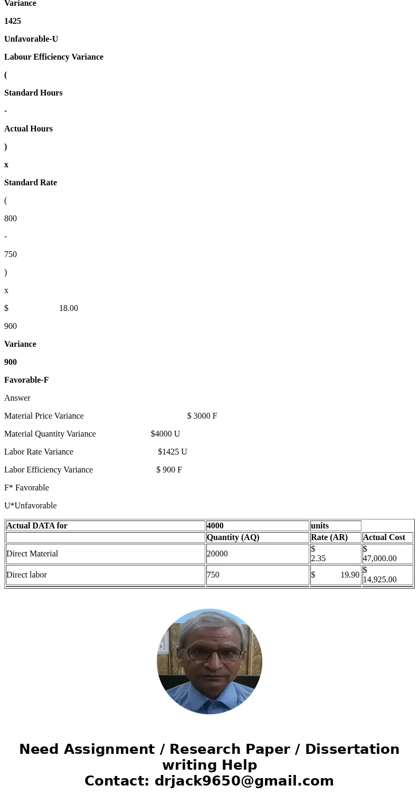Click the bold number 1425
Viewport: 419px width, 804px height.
pyautogui.click(x=13, y=21)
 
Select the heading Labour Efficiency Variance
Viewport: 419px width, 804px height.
pyautogui.click(x=54, y=57)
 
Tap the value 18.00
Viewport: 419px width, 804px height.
pyautogui.click(x=69, y=308)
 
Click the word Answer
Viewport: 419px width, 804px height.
pyautogui.click(x=17, y=398)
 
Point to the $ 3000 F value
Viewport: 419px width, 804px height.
pyautogui.click(x=202, y=416)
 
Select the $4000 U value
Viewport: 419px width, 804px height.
pyautogui.click(x=165, y=434)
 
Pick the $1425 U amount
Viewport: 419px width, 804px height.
pyautogui.click(x=173, y=452)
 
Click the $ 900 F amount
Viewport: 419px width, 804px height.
pyautogui.click(x=169, y=470)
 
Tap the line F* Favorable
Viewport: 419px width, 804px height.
pyautogui.click(x=26, y=488)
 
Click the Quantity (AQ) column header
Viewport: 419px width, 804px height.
pyautogui.click(x=233, y=537)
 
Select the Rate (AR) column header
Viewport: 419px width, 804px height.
pyautogui.click(x=329, y=537)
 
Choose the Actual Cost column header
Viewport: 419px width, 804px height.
pyautogui.click(x=384, y=537)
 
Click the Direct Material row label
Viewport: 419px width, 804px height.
pyautogui.click(x=32, y=554)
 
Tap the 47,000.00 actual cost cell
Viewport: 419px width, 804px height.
pyautogui.click(x=380, y=558)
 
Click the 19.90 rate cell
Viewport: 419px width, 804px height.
pyautogui.click(x=350, y=575)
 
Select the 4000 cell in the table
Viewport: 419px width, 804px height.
pyautogui.click(x=215, y=526)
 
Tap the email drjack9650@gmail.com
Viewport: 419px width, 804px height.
pyautogui.click(x=244, y=781)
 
